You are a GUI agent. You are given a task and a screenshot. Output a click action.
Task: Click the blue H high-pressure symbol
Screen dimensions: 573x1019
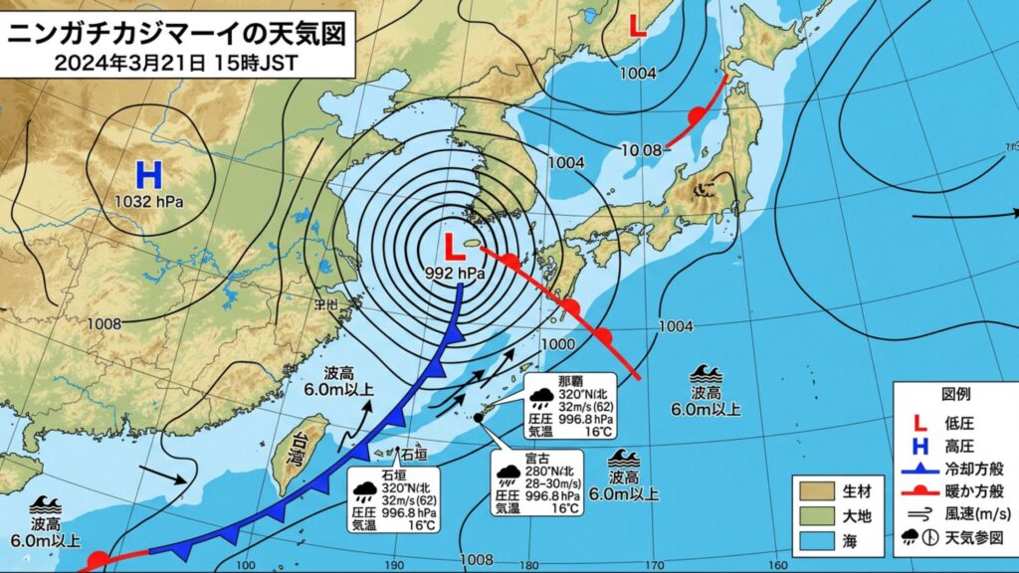click(148, 176)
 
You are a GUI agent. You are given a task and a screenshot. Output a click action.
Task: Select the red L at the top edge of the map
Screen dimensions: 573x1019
click(638, 28)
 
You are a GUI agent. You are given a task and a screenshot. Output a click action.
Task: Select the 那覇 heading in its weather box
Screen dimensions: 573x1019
click(570, 381)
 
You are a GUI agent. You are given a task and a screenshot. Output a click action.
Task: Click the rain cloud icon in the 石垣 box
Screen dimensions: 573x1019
click(364, 488)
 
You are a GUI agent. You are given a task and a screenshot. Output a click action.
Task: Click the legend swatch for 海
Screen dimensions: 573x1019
click(813, 542)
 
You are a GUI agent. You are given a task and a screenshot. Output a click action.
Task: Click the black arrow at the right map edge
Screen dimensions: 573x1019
click(1013, 212)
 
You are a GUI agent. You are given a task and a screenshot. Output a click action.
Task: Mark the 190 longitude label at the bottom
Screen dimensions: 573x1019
click(396, 565)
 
